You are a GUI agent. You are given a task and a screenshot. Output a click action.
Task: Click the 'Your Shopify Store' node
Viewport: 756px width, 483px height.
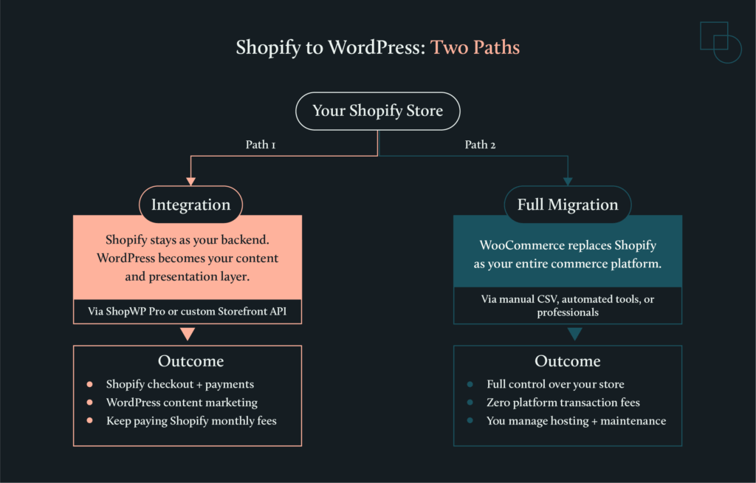[377, 112]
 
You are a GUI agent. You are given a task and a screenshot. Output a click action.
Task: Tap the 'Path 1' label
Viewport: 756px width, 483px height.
[261, 145]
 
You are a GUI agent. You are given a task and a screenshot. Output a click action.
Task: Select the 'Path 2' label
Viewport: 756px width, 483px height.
[480, 145]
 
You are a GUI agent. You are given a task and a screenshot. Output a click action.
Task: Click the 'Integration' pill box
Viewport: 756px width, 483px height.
[190, 205]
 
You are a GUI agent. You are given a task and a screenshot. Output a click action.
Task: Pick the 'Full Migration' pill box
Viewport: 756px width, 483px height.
[567, 205]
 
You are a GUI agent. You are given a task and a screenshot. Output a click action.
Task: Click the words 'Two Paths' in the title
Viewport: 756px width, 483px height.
[475, 48]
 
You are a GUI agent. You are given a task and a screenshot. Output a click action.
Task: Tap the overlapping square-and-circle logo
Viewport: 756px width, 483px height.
[720, 42]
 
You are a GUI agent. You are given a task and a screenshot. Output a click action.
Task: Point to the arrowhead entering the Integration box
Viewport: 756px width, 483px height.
[190, 181]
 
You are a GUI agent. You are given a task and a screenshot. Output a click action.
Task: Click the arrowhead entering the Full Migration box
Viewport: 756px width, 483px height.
[568, 181]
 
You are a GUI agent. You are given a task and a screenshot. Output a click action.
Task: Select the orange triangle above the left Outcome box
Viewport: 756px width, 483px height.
[188, 334]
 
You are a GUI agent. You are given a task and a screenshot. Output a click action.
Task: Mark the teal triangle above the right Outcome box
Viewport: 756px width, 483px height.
[575, 334]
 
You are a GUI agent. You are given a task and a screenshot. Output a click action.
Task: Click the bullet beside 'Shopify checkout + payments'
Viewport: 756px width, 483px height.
[89, 384]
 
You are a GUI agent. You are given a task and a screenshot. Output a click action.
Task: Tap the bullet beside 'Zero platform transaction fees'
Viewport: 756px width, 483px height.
[470, 402]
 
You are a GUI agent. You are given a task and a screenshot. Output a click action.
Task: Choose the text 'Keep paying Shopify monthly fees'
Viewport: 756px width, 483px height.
[191, 421]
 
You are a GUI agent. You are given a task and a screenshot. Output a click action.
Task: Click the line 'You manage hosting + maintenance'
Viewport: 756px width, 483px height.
[576, 421]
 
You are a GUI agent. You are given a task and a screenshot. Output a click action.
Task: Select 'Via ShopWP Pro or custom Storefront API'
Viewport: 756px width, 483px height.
[188, 312]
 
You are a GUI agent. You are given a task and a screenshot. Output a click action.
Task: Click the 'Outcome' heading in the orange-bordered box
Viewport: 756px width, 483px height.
[190, 361]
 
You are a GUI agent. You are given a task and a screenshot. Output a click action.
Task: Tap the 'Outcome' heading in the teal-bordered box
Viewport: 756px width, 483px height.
[567, 361]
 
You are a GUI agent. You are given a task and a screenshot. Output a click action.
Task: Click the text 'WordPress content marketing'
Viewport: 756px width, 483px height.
[182, 402]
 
